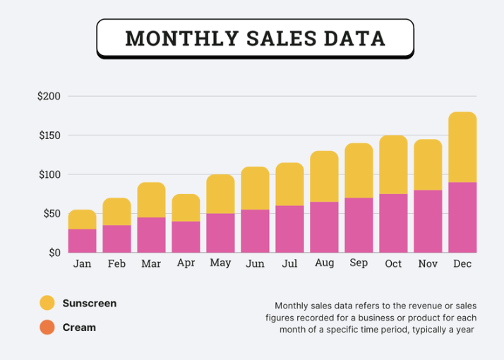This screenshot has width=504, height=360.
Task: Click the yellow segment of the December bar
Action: pyautogui.click(x=462, y=148)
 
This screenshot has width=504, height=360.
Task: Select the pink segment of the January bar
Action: pyautogui.click(x=83, y=241)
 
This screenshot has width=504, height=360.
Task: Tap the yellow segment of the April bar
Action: pyautogui.click(x=186, y=208)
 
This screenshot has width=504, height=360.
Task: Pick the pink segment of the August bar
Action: pyautogui.click(x=324, y=227)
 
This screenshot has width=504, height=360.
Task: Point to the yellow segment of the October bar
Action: pyautogui.click(x=393, y=164)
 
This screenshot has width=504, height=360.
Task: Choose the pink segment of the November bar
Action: pyautogui.click(x=428, y=222)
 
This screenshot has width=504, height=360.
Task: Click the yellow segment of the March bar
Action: pyautogui.click(x=151, y=200)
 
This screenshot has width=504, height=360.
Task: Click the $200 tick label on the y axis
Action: pyautogui.click(x=49, y=96)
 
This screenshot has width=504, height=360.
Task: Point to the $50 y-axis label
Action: pyautogui.click(x=52, y=213)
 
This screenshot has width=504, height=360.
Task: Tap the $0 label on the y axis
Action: pyautogui.click(x=54, y=253)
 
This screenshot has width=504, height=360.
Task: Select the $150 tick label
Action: pyautogui.click(x=50, y=136)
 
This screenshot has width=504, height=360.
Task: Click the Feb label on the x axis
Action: pyautogui.click(x=116, y=263)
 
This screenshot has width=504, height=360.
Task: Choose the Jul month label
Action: pyautogui.click(x=289, y=263)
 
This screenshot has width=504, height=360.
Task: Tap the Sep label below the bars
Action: pyautogui.click(x=359, y=263)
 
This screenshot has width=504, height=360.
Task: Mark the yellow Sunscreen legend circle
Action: pyautogui.click(x=47, y=303)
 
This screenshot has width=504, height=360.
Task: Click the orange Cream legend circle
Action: pyautogui.click(x=47, y=328)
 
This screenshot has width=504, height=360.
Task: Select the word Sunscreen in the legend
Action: pyautogui.click(x=90, y=303)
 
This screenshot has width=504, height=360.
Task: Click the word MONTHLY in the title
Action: pyautogui.click(x=182, y=38)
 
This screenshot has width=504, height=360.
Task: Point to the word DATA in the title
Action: pyautogui.click(x=354, y=38)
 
